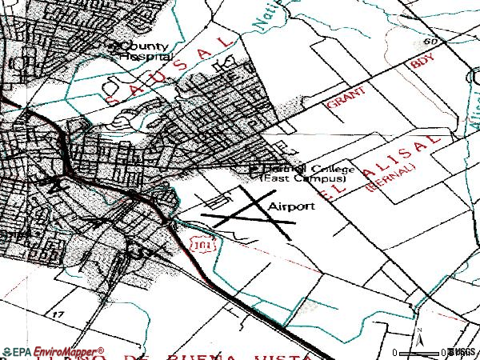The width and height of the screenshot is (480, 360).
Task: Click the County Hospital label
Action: tap(142, 51)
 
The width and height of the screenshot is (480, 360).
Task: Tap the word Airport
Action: tap(291, 206)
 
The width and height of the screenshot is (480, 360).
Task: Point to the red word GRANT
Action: tap(346, 99)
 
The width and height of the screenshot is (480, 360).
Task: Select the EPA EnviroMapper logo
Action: tap(53, 351)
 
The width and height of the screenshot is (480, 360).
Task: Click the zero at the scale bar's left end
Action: tap(394, 353)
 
